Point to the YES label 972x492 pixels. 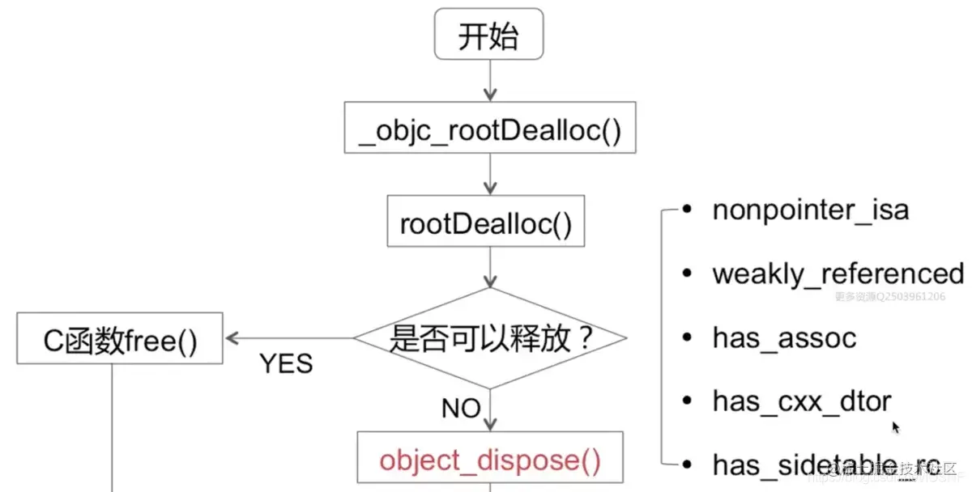[x=286, y=364]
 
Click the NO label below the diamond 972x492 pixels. [x=461, y=409]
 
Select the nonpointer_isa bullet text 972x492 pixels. [x=810, y=210]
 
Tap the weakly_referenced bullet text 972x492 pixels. [x=838, y=274]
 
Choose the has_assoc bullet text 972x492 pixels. [x=784, y=337]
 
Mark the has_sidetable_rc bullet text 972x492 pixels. [x=826, y=464]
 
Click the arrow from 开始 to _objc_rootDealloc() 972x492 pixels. [x=489, y=81]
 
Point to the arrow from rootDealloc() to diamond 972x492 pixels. [x=489, y=268]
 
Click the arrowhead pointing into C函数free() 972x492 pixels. [x=232, y=338]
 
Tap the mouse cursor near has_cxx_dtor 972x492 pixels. [x=897, y=428]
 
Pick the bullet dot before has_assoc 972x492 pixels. [x=687, y=337]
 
